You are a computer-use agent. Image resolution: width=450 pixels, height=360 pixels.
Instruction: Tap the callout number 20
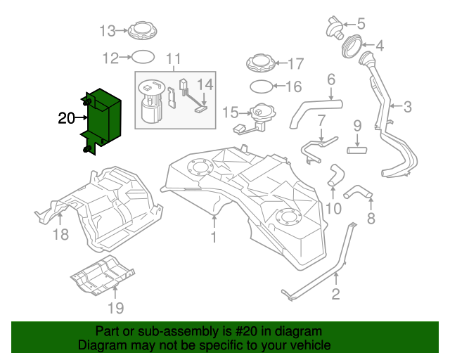tap(66, 119)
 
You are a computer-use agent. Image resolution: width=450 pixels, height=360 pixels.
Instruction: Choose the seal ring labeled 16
tap(260, 86)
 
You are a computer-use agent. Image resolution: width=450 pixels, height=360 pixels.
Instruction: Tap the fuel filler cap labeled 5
tap(335, 27)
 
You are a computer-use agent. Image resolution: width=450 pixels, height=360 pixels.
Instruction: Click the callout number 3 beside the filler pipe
tap(407, 108)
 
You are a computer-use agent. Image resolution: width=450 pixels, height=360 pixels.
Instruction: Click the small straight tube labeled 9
tap(357, 150)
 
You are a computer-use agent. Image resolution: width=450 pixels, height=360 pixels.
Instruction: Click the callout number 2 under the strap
tap(335, 295)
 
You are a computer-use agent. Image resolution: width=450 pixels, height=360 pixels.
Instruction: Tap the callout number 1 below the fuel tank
tap(214, 238)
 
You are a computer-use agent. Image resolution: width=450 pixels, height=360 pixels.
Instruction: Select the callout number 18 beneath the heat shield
tap(61, 235)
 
